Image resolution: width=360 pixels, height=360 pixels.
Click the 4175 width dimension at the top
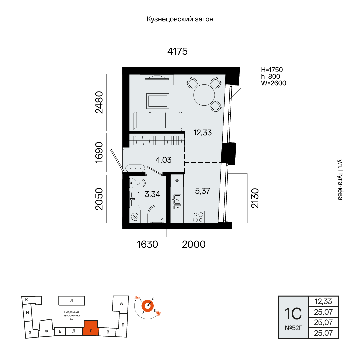177,51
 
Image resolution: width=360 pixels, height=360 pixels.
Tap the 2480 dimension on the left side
99,102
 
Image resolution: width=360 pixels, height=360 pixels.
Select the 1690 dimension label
99,152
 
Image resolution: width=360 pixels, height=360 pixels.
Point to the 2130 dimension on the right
255,198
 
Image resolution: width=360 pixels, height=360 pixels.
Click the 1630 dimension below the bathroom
147,244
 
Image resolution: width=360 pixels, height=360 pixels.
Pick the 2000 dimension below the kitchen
194,244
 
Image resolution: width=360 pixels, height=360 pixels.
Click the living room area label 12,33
203,132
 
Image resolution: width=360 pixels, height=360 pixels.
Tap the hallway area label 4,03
163,160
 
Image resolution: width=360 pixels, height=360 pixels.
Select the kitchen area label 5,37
203,191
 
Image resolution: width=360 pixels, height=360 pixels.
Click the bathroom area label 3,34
152,194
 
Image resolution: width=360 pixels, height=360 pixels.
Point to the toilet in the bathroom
138,183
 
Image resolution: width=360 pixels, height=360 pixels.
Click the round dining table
204,95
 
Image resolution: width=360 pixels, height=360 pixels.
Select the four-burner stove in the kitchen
198,217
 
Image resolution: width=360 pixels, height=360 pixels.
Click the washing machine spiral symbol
135,217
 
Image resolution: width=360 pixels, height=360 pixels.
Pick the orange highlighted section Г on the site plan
91,328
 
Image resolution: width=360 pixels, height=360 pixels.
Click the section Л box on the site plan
72,301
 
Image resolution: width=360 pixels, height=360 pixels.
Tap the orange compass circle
147,306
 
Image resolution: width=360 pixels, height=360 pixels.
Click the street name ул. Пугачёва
340,180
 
